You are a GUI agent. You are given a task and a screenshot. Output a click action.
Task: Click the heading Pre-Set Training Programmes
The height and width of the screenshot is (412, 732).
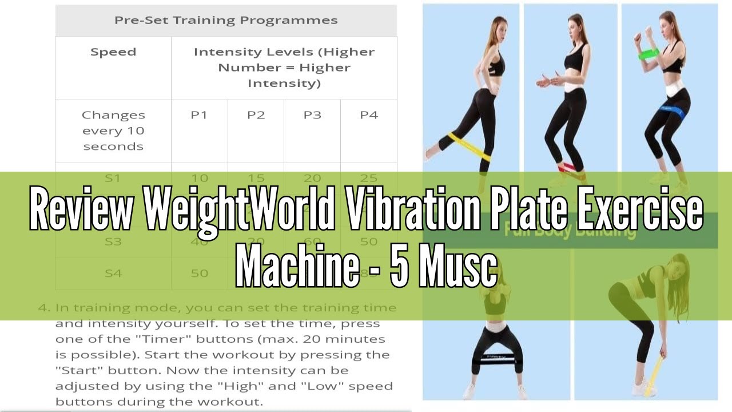click(226, 21)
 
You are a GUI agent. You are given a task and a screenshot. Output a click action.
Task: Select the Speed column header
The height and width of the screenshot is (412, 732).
click(113, 52)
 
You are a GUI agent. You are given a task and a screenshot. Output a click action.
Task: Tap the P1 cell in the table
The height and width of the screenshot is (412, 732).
click(199, 115)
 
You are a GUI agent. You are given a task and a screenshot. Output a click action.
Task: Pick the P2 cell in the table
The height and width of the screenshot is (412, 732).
click(256, 115)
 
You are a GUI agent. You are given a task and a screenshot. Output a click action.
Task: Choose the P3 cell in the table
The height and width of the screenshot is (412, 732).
click(312, 115)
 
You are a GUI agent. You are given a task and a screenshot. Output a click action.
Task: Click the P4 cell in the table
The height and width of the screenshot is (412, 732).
click(369, 115)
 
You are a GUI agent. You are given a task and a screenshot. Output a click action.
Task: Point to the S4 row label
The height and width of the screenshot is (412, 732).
click(113, 273)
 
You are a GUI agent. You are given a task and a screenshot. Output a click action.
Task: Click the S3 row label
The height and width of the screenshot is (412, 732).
click(113, 241)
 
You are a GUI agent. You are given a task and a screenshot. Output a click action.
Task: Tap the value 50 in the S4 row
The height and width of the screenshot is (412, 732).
click(199, 273)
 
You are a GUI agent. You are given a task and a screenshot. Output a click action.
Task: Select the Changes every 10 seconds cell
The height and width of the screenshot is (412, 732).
click(113, 130)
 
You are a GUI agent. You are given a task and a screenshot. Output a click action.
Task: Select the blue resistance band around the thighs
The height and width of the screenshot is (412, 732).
click(671, 110)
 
